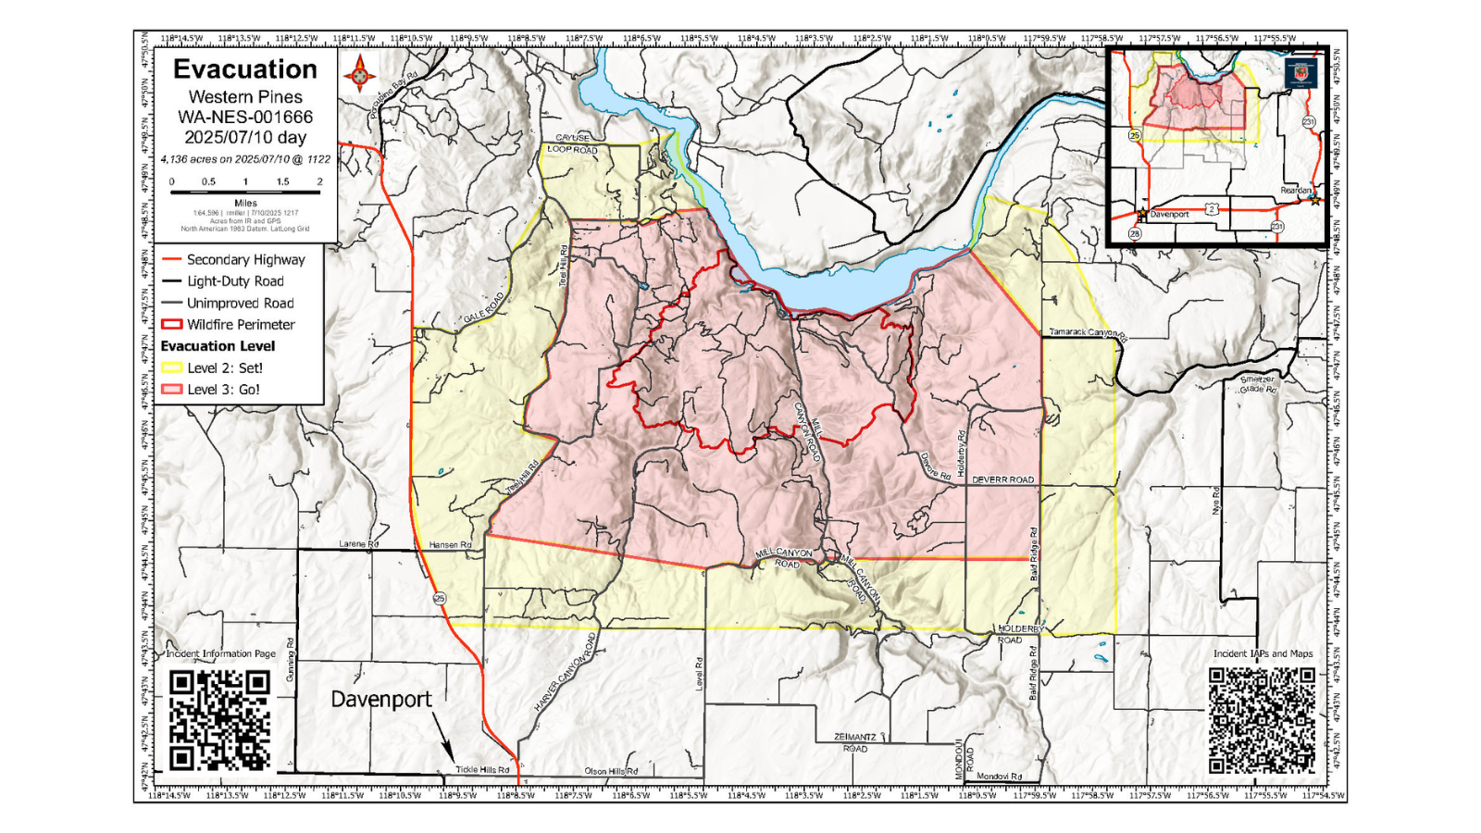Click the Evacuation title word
(x=245, y=69)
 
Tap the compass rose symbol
(x=360, y=73)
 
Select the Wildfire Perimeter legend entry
(x=230, y=324)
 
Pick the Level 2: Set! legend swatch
(x=172, y=367)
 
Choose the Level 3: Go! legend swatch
(x=172, y=390)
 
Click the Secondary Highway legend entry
(x=233, y=259)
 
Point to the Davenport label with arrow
(x=381, y=700)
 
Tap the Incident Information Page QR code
(x=220, y=720)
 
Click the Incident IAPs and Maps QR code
(x=1263, y=720)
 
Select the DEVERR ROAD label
(x=1003, y=479)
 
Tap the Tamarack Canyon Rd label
(x=1087, y=332)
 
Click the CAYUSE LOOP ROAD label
(x=572, y=143)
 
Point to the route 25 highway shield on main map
(x=440, y=598)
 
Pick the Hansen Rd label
(x=450, y=545)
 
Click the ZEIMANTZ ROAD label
(x=854, y=742)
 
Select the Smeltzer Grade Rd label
(x=1258, y=384)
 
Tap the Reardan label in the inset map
(x=1295, y=191)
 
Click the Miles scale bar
(x=245, y=192)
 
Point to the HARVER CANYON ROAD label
(x=566, y=673)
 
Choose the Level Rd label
(x=699, y=673)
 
